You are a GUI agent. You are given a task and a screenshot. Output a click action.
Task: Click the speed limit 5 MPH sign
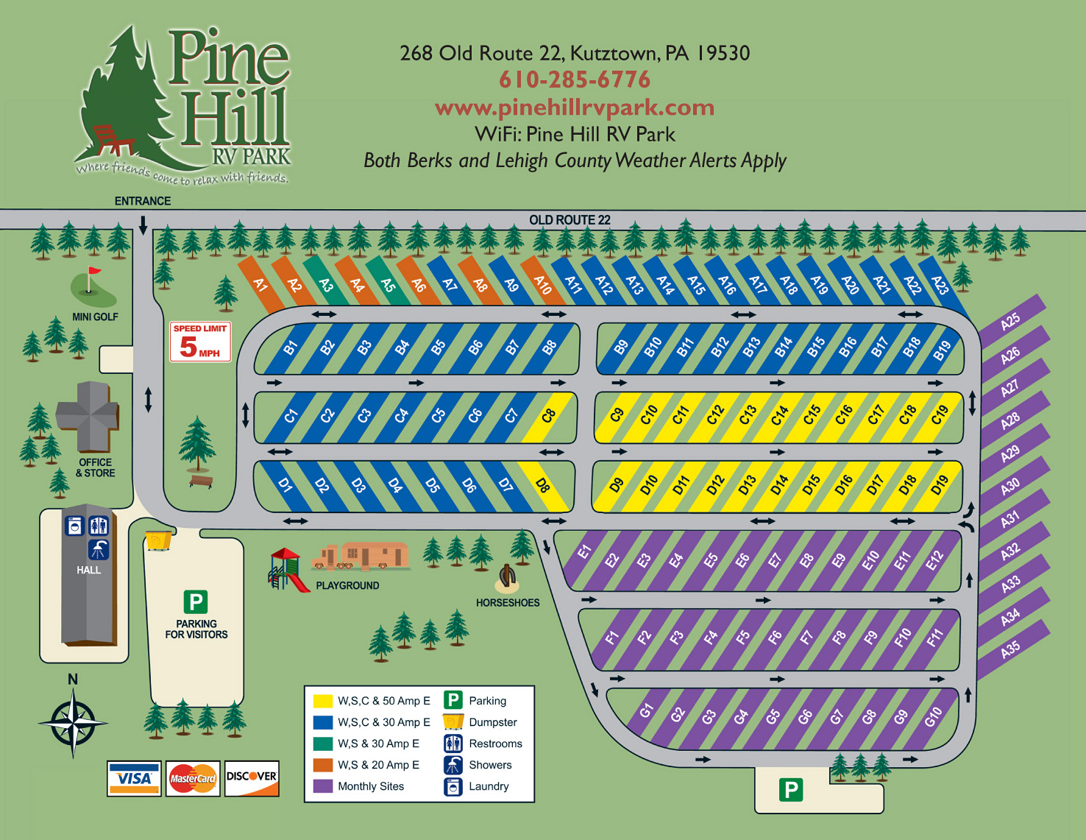click(200, 342)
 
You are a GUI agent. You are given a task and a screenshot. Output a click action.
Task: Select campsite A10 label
click(542, 284)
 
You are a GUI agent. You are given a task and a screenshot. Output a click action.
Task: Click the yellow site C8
click(548, 416)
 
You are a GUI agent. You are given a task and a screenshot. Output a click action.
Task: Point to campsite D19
click(940, 485)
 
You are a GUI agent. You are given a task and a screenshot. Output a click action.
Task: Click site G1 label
click(646, 710)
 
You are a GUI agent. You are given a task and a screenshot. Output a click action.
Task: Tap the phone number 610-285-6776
click(575, 80)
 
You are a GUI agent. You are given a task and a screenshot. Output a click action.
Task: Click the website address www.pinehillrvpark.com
click(575, 107)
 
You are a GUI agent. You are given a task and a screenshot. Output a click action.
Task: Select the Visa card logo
click(134, 778)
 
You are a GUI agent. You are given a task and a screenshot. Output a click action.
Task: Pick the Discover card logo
click(252, 778)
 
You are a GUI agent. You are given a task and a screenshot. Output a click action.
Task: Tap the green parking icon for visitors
click(196, 602)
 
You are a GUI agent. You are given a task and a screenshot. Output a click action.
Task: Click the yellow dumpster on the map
click(158, 540)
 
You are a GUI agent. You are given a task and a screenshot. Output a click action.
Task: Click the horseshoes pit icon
click(507, 578)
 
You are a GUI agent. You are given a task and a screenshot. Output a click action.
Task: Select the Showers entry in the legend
click(490, 765)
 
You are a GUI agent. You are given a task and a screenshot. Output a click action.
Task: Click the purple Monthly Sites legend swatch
click(322, 786)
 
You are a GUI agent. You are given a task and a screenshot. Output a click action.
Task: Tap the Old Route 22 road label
click(569, 220)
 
